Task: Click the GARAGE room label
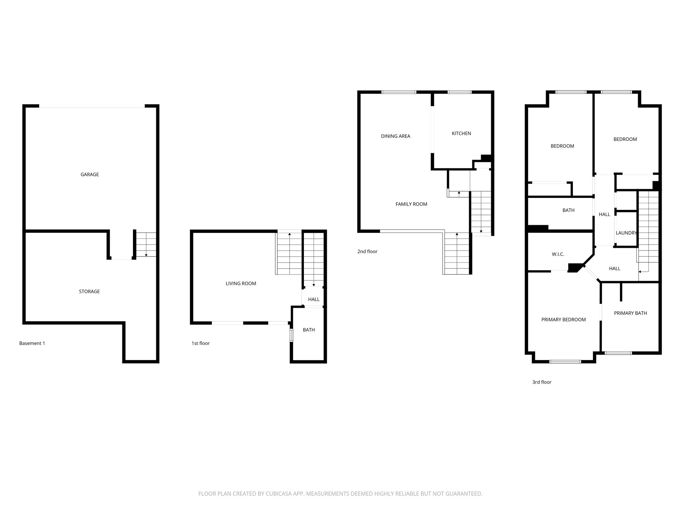pyautogui.click(x=89, y=174)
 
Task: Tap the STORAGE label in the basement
pyautogui.click(x=89, y=291)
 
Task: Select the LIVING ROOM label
pyautogui.click(x=241, y=283)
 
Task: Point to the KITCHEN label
pyautogui.click(x=461, y=133)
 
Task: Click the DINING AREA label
pyautogui.click(x=395, y=136)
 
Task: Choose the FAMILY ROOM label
pyautogui.click(x=411, y=204)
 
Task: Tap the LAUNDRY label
pyautogui.click(x=626, y=233)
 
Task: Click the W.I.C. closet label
pyautogui.click(x=558, y=254)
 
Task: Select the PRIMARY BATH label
pyautogui.click(x=630, y=313)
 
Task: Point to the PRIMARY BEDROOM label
pyautogui.click(x=563, y=320)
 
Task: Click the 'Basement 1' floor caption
pyautogui.click(x=32, y=343)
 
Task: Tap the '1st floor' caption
pyautogui.click(x=200, y=343)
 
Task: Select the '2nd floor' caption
pyautogui.click(x=367, y=252)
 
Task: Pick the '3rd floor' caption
pyautogui.click(x=542, y=382)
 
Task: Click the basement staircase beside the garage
pyautogui.click(x=146, y=245)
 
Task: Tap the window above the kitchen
pyautogui.click(x=459, y=92)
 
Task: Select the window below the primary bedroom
pyautogui.click(x=565, y=362)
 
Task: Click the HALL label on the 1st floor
pyautogui.click(x=314, y=299)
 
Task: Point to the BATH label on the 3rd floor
pyautogui.click(x=568, y=210)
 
